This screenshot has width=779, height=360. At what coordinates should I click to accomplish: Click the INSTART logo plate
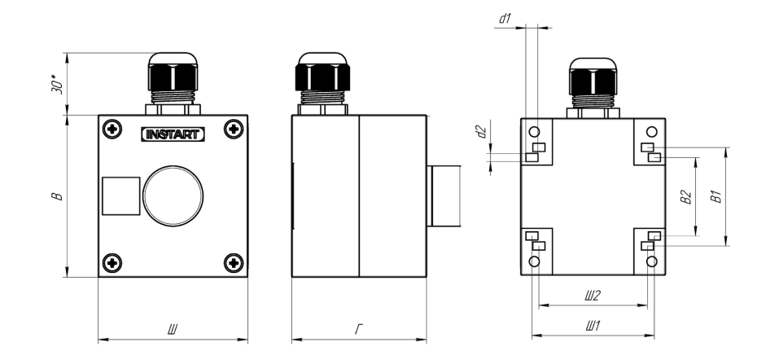(x=173, y=134)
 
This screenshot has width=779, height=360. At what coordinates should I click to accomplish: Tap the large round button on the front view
(x=173, y=195)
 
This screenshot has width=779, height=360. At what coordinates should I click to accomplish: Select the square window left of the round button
(x=121, y=196)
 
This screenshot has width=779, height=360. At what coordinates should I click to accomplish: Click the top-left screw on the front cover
(x=112, y=130)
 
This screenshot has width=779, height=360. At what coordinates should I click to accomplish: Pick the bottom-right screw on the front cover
(x=234, y=262)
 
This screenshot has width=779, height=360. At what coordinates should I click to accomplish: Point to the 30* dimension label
(x=58, y=85)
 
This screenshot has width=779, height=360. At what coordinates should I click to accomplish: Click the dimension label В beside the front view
(x=58, y=196)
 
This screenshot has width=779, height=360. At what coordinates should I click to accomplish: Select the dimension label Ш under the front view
(x=173, y=329)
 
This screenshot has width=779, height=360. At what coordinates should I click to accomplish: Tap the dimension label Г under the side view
(x=359, y=329)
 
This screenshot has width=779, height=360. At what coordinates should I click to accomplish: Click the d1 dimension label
(x=505, y=19)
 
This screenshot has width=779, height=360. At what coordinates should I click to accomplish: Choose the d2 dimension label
(x=481, y=132)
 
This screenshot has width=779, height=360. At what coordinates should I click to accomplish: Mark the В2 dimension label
(x=686, y=197)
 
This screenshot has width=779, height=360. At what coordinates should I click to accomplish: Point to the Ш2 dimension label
(x=593, y=296)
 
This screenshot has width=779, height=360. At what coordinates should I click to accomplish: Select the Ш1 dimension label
(x=593, y=326)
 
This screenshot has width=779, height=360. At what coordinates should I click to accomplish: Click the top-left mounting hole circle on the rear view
(x=534, y=132)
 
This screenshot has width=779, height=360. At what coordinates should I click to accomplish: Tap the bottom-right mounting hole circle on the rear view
(x=652, y=261)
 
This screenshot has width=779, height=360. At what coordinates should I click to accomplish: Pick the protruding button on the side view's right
(x=444, y=196)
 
